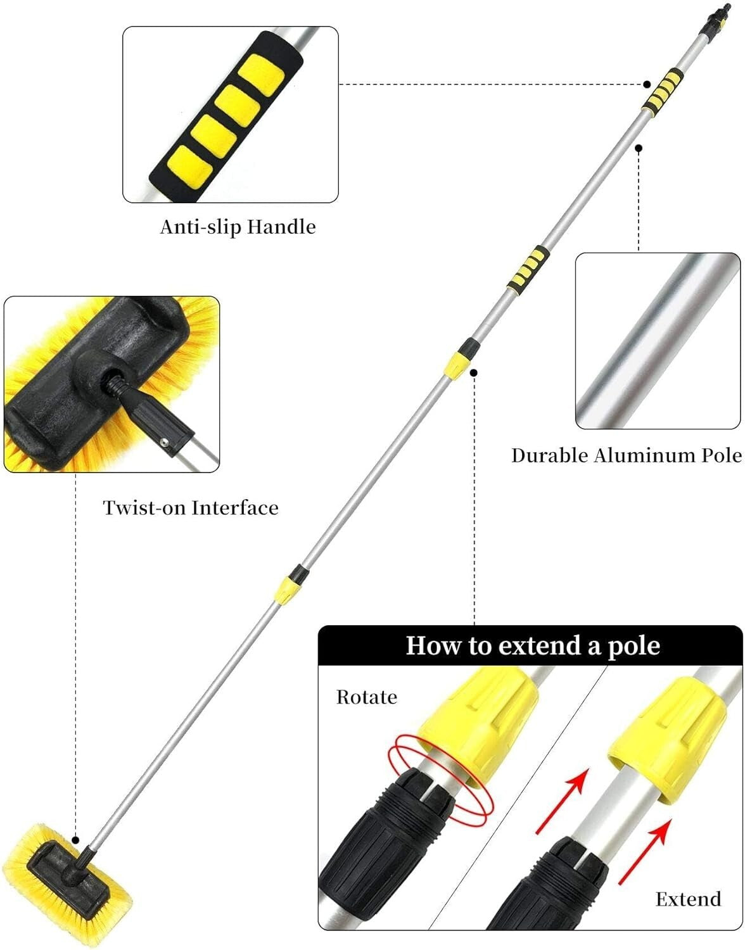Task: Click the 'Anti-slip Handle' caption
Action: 238,227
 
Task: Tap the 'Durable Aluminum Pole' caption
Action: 626,455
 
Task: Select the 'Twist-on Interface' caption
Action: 191,508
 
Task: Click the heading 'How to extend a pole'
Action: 533,645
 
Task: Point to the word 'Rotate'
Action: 367,697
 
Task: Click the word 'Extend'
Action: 688,899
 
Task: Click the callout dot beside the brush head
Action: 76,840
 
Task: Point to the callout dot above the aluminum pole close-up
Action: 639,148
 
